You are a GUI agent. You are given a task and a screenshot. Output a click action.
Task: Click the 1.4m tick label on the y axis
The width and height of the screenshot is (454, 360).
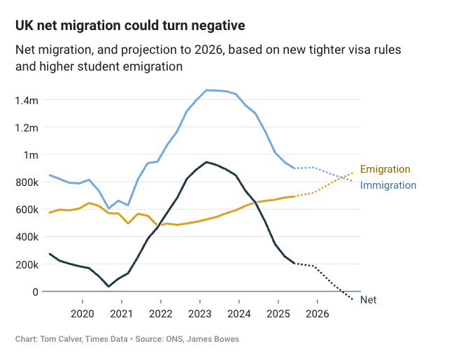click(26, 100)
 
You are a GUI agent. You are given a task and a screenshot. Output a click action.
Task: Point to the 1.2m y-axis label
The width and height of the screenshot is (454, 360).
click(26, 127)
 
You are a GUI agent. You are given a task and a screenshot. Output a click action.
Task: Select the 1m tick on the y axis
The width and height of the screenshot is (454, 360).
click(30, 154)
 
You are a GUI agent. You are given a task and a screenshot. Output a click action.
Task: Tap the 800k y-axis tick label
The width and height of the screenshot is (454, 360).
click(26, 182)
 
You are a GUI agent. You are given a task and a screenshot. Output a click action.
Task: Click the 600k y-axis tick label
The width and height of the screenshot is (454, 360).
click(26, 209)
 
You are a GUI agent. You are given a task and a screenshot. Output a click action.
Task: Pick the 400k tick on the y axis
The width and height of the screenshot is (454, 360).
click(26, 236)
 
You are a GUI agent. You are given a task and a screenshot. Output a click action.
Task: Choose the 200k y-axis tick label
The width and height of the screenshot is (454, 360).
click(26, 264)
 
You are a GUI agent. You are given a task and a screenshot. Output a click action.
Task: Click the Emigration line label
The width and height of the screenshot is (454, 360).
click(385, 169)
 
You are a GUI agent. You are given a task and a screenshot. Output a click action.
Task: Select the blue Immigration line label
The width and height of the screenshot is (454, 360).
click(388, 185)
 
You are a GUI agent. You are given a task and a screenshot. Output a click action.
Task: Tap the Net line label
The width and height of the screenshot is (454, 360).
click(369, 300)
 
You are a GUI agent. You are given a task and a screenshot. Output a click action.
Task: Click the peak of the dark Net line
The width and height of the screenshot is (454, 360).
click(206, 162)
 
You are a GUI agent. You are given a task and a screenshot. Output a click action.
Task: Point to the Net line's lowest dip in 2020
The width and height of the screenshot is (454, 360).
click(108, 287)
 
